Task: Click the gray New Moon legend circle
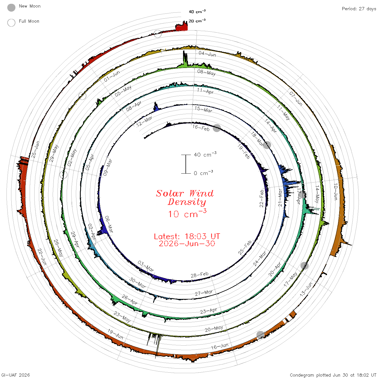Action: [x=11, y=8]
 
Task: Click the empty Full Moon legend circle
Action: [x=11, y=23]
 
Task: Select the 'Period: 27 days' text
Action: [x=359, y=9]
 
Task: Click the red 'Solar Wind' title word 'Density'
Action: [x=187, y=202]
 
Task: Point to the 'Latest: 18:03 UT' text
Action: [x=187, y=236]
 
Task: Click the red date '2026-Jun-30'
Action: [x=187, y=244]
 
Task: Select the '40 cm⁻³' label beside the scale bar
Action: [x=205, y=154]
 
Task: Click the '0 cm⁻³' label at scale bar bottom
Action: [x=203, y=173]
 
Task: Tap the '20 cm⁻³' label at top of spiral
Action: [x=197, y=21]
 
